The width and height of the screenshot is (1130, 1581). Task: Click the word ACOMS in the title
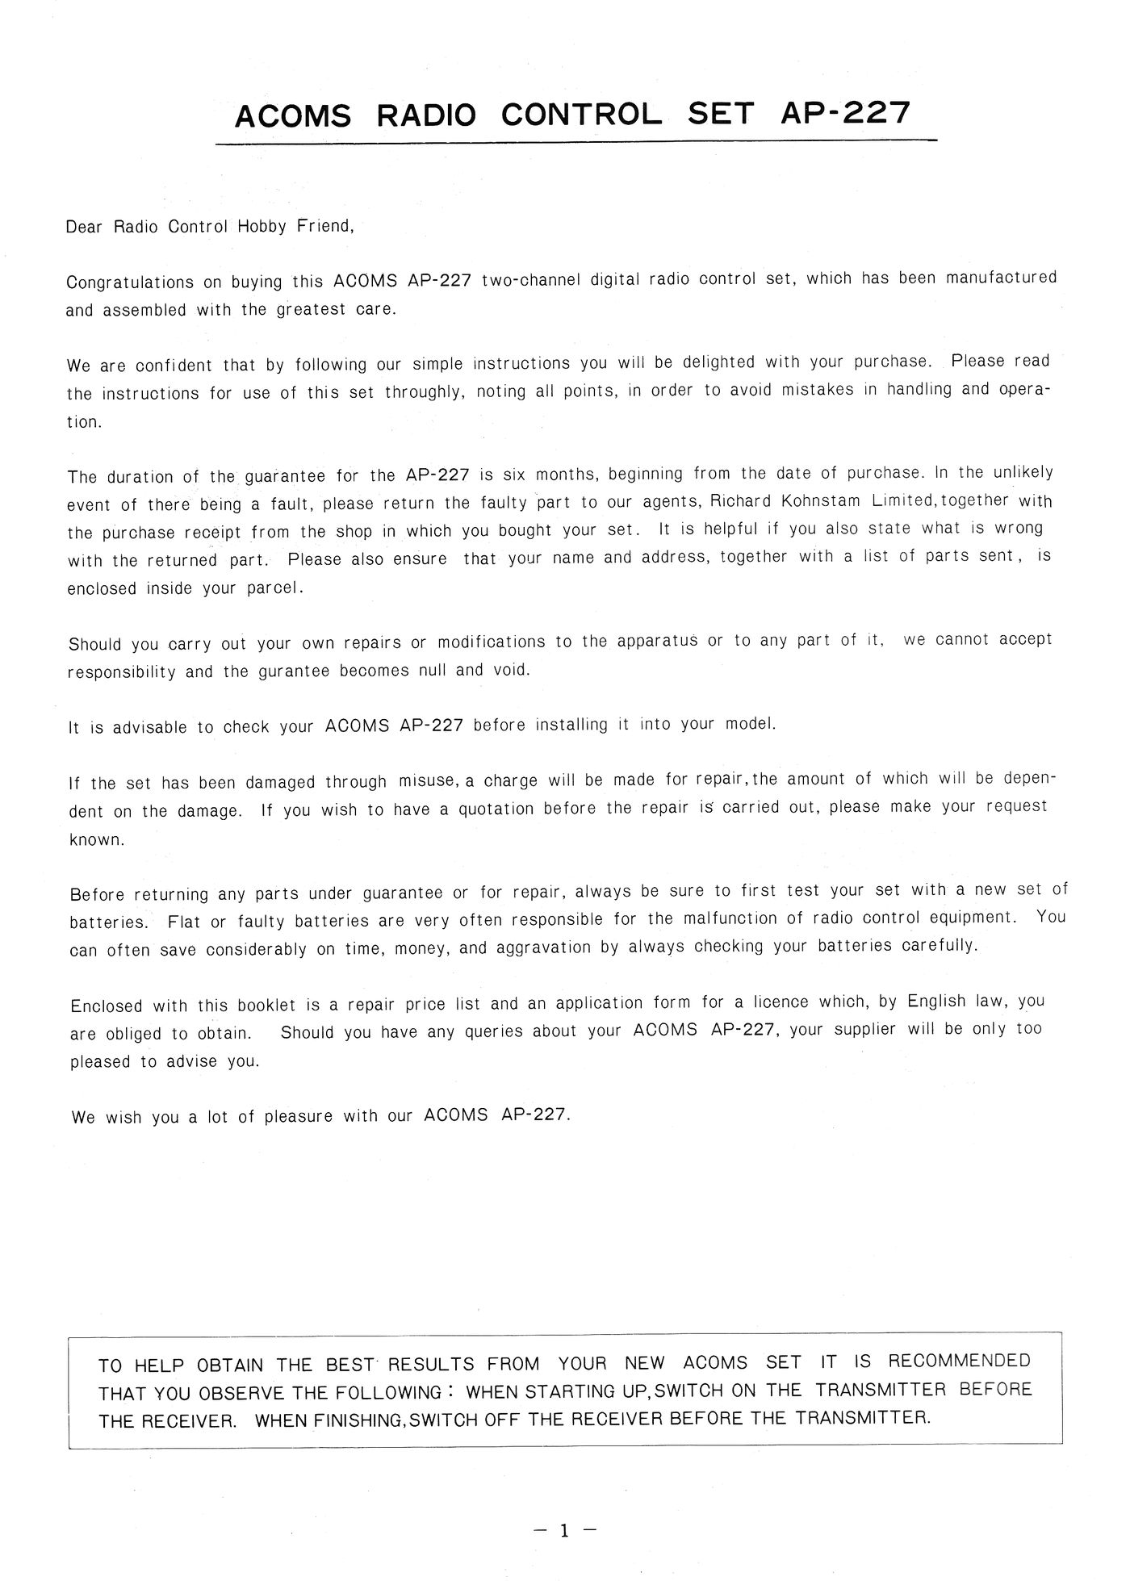pos(292,116)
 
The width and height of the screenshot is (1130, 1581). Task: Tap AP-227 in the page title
pos(845,113)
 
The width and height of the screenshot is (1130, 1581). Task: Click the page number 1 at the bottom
pos(564,1529)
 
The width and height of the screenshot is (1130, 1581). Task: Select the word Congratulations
pos(130,283)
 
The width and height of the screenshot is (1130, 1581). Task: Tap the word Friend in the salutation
pos(325,226)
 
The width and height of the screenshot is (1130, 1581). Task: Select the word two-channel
pos(530,280)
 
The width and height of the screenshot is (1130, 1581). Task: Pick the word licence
pos(781,1002)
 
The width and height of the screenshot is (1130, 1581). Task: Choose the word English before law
pos(936,1002)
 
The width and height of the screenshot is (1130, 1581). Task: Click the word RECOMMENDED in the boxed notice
pos(959,1361)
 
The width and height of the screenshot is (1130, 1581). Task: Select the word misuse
pos(429,781)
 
